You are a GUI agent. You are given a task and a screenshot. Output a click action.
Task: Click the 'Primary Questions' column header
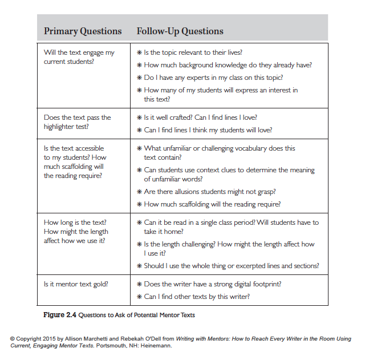83,31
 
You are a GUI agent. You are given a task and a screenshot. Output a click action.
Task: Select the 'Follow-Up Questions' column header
180,31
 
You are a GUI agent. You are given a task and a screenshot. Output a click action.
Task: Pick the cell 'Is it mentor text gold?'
77,284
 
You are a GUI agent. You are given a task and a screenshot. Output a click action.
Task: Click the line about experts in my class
213,78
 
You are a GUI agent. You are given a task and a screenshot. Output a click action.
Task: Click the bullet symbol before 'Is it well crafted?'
139,118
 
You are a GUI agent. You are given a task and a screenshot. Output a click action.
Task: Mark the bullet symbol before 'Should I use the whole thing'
139,265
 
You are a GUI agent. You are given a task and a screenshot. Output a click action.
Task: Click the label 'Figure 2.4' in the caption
60,315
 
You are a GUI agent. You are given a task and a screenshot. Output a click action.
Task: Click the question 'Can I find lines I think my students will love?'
208,130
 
